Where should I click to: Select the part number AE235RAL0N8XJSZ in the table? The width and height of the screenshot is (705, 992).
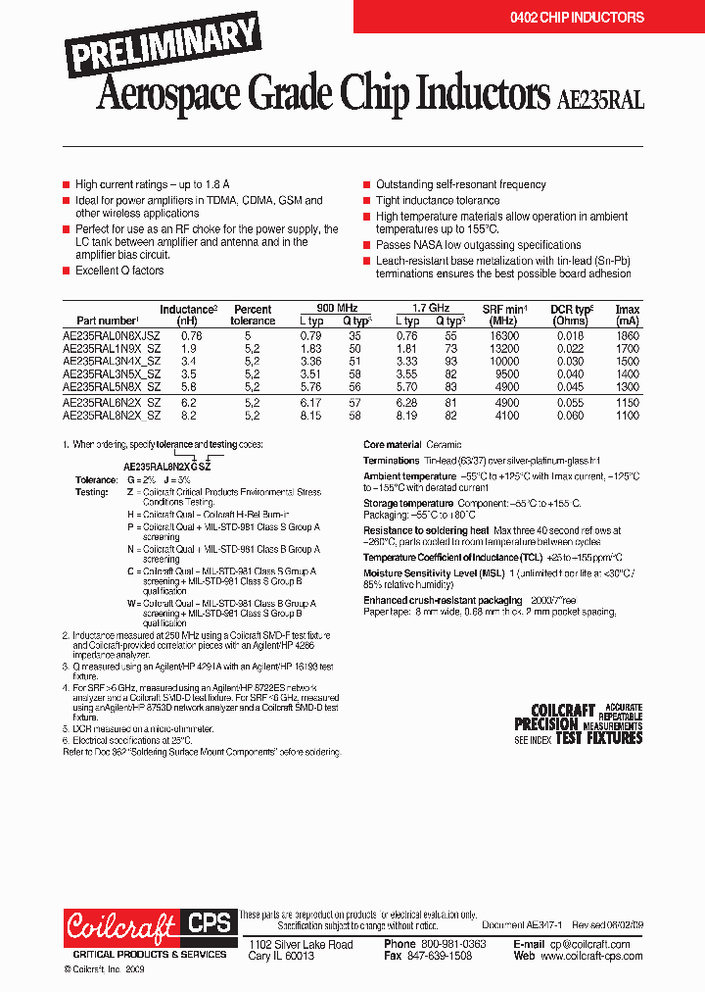pyautogui.click(x=112, y=334)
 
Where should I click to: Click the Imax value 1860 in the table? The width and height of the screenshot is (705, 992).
pyautogui.click(x=627, y=334)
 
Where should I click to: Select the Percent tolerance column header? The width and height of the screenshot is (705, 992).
pyautogui.click(x=253, y=315)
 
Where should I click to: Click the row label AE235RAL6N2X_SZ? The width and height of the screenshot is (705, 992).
pyautogui.click(x=112, y=402)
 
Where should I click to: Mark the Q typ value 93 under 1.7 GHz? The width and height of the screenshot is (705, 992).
pyautogui.click(x=450, y=361)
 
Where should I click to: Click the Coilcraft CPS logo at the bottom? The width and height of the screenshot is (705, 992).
pyautogui.click(x=149, y=926)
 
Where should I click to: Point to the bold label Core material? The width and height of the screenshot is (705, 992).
pyautogui.click(x=392, y=444)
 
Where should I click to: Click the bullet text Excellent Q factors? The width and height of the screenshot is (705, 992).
pyautogui.click(x=119, y=271)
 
